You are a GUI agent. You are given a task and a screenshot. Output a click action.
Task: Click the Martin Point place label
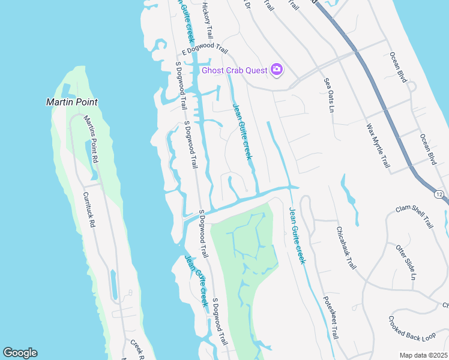click(x=71, y=102)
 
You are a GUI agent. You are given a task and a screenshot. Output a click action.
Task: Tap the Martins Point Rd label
click(x=90, y=140)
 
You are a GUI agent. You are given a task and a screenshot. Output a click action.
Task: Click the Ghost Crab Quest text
click(x=234, y=70)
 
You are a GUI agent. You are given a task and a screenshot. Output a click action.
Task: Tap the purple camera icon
click(x=277, y=70)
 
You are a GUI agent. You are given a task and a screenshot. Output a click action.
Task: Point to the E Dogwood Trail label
click(x=205, y=52)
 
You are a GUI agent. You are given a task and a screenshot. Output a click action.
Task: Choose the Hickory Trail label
click(x=207, y=20)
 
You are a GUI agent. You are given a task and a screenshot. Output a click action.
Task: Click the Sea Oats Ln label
click(x=328, y=95)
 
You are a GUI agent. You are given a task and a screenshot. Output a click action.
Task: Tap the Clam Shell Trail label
click(x=414, y=217)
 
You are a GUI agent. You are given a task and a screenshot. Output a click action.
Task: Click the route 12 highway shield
click(x=439, y=194)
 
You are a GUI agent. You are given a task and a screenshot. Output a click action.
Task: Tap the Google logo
click(x=20, y=353)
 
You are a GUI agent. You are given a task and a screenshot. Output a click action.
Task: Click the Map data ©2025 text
click(x=423, y=355)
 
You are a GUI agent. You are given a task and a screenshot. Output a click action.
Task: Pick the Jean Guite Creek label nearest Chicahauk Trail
click(x=297, y=236)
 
